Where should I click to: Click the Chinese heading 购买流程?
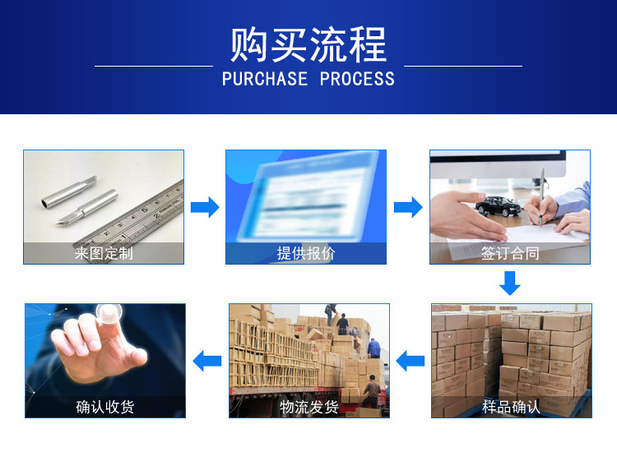(x=308, y=44)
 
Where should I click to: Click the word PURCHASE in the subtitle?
(x=265, y=79)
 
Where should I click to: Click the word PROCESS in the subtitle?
(x=357, y=79)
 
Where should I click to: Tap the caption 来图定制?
(x=104, y=253)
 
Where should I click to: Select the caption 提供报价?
(x=306, y=253)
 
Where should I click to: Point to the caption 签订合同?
(x=510, y=253)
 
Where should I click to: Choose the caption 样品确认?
(x=511, y=407)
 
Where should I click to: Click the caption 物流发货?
(x=309, y=407)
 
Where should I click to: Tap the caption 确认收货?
(x=105, y=407)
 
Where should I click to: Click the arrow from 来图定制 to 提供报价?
(x=205, y=207)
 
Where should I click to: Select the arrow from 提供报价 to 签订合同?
(x=408, y=207)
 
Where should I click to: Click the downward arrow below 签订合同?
(x=510, y=283)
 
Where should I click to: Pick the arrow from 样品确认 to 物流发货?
(x=410, y=361)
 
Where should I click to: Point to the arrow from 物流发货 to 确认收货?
(x=207, y=361)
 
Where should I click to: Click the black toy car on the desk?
(x=499, y=206)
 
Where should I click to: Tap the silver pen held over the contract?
(x=542, y=196)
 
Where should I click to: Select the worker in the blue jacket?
(x=373, y=348)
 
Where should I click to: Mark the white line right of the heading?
(x=463, y=66)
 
